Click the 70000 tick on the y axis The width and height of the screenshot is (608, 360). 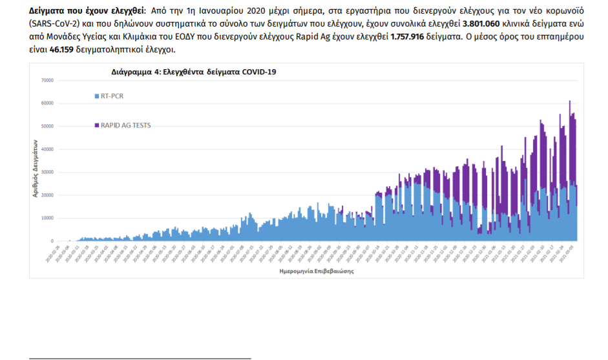(x=47, y=80)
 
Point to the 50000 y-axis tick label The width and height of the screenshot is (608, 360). (x=47, y=126)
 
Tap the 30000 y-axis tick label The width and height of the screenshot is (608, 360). (x=47, y=172)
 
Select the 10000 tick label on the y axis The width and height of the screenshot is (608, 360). (x=47, y=218)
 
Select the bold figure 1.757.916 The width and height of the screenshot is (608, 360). (x=412, y=37)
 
